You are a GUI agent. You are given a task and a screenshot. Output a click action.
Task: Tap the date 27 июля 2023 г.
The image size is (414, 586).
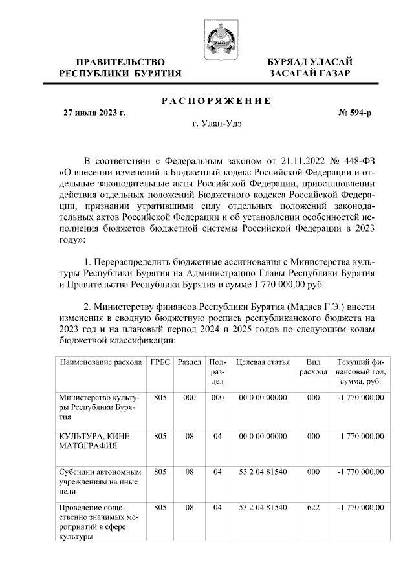[94, 113]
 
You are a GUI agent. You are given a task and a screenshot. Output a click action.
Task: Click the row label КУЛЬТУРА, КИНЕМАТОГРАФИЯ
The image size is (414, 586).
[95, 440]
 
